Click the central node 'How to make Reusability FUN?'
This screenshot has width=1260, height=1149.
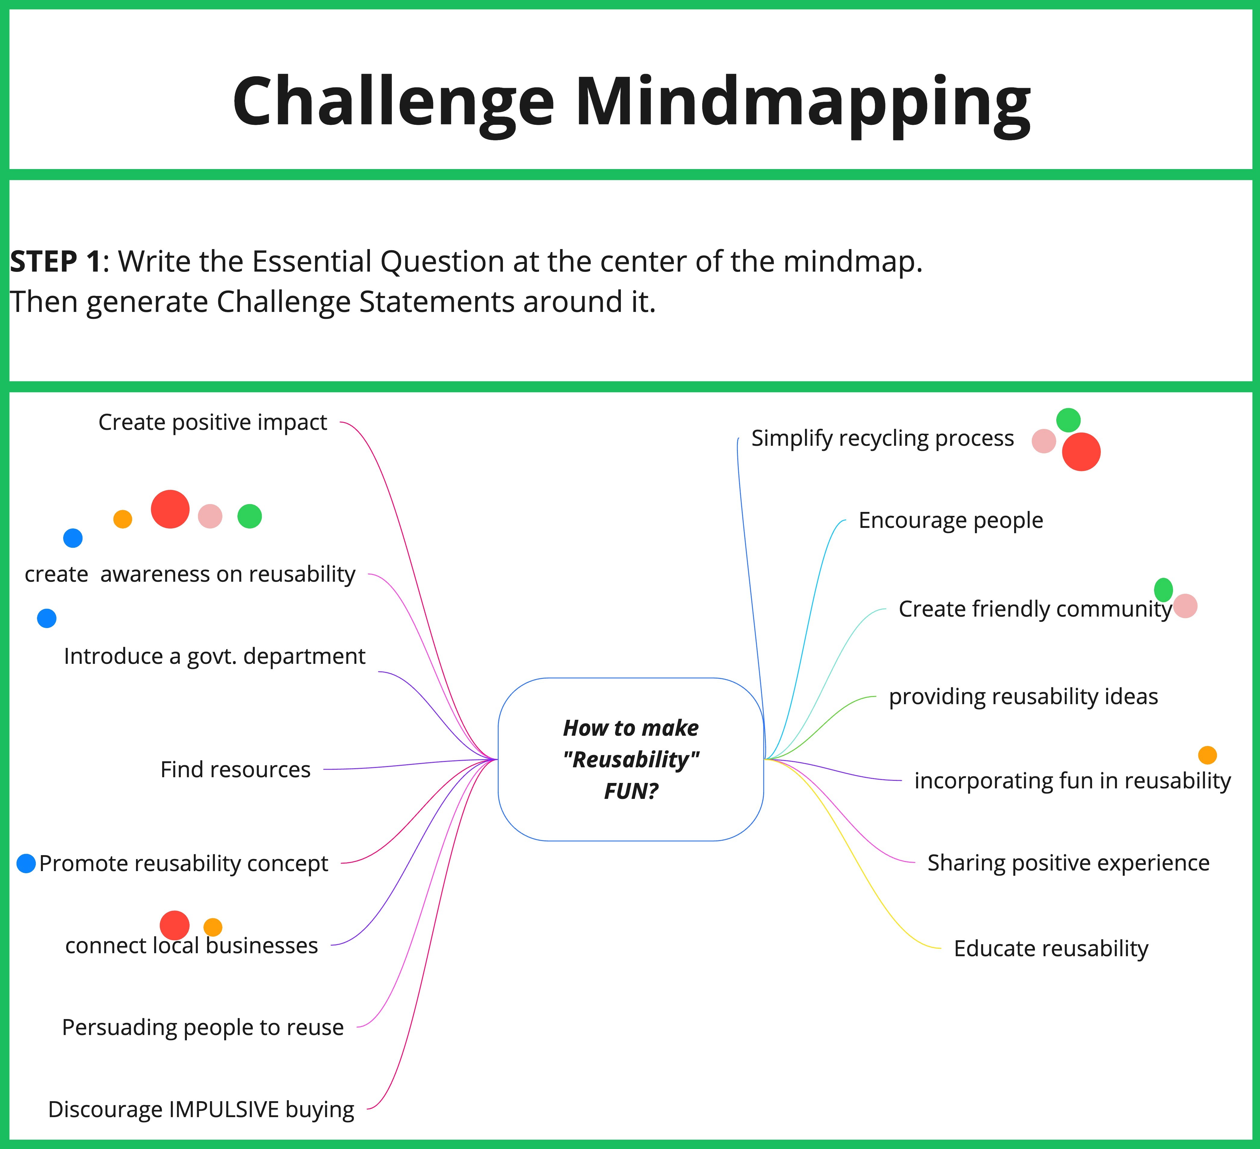tap(631, 759)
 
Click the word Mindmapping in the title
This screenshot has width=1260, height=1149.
tap(803, 103)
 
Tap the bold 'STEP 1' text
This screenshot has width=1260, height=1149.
tap(55, 261)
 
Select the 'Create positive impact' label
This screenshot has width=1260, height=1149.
tap(212, 422)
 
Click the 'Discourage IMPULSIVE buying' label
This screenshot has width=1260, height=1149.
tap(201, 1109)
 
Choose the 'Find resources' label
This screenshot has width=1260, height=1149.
tap(236, 769)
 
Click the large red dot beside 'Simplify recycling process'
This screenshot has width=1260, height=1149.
tap(1081, 452)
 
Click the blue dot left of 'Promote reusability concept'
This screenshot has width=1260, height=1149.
tap(26, 864)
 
